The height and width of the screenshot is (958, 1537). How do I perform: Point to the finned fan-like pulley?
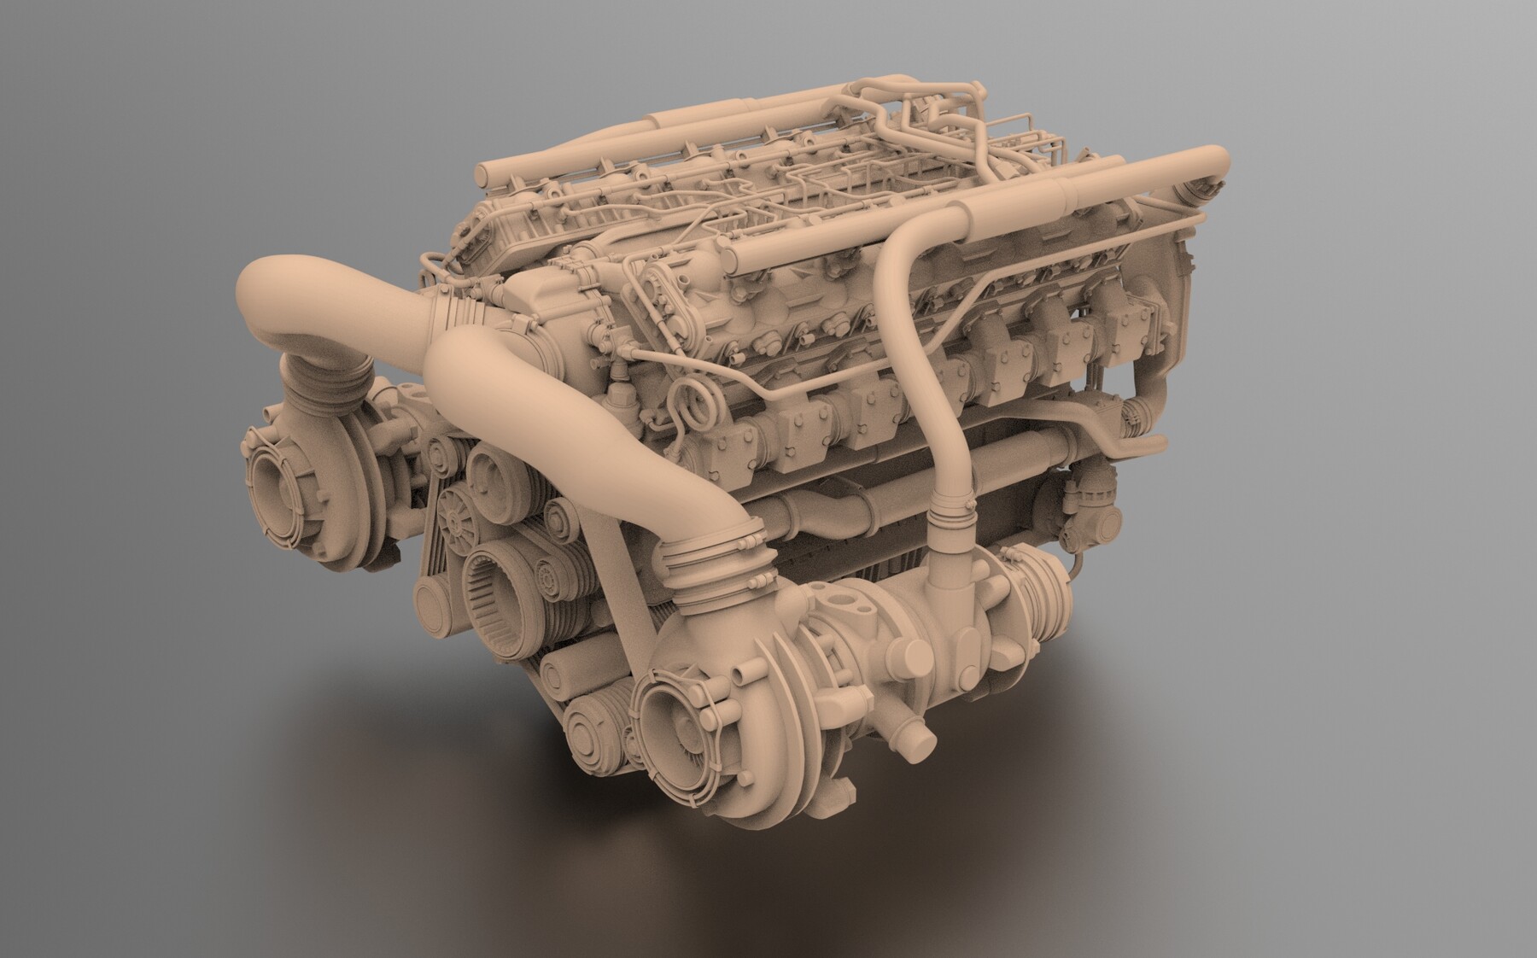tap(453, 517)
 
